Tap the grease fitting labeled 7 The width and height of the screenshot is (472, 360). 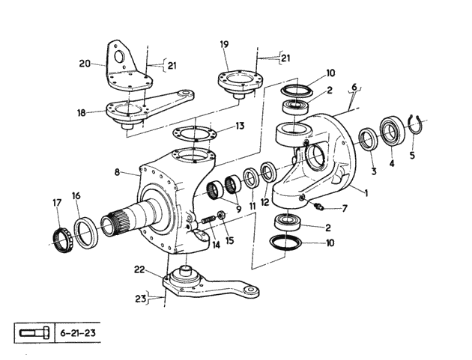(319, 207)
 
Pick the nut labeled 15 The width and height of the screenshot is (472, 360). (221, 216)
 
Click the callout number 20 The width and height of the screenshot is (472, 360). (85, 64)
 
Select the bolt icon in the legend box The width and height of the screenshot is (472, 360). (34, 333)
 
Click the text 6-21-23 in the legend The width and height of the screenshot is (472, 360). (78, 333)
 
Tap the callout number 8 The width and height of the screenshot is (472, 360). (118, 172)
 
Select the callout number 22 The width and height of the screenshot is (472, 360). (140, 269)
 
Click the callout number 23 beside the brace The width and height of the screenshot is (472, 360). (140, 299)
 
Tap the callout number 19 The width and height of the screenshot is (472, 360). (224, 44)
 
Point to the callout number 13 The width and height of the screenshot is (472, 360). (240, 126)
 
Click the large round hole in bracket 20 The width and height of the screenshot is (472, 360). (120, 56)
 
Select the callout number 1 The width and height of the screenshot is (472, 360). (366, 193)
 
